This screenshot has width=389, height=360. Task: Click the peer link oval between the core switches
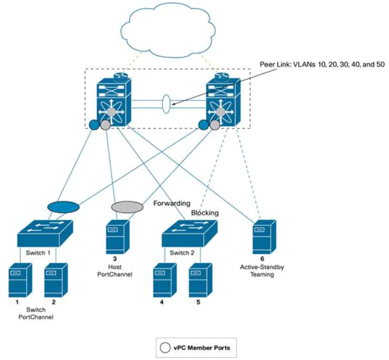coord(166,103)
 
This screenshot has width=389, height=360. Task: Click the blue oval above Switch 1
coord(63,206)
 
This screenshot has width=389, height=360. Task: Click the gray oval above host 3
coord(127,206)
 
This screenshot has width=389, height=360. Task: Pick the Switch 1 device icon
coord(44,234)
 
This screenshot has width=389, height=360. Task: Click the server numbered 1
coord(20,281)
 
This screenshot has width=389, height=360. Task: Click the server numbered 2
coord(55,281)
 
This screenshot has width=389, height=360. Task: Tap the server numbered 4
coord(164,281)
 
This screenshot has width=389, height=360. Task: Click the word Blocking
coord(205,213)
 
